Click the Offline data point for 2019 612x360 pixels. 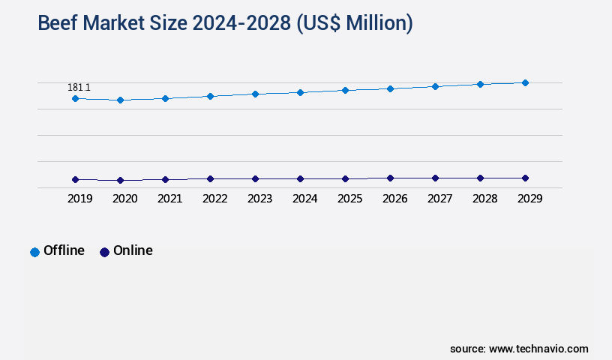click(x=75, y=98)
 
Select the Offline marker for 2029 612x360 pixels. click(x=525, y=82)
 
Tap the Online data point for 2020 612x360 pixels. click(x=120, y=180)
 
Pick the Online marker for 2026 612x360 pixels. click(x=390, y=178)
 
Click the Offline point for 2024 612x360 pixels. click(x=300, y=92)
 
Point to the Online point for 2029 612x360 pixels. click(x=525, y=178)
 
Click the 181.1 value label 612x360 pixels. click(x=79, y=88)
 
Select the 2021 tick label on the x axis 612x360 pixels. click(x=169, y=199)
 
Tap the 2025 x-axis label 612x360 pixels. click(x=349, y=199)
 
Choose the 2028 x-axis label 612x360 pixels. click(x=484, y=199)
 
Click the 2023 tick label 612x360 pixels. click(x=259, y=199)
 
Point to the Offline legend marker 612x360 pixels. click(x=34, y=252)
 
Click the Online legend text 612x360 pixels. click(x=133, y=250)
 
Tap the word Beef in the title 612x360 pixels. click(x=58, y=23)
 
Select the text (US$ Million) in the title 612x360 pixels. click(x=355, y=23)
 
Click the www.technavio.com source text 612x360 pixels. click(x=538, y=349)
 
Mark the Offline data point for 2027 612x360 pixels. click(x=435, y=86)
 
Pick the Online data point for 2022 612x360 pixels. click(x=210, y=178)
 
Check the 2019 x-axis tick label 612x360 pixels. click(x=79, y=199)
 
